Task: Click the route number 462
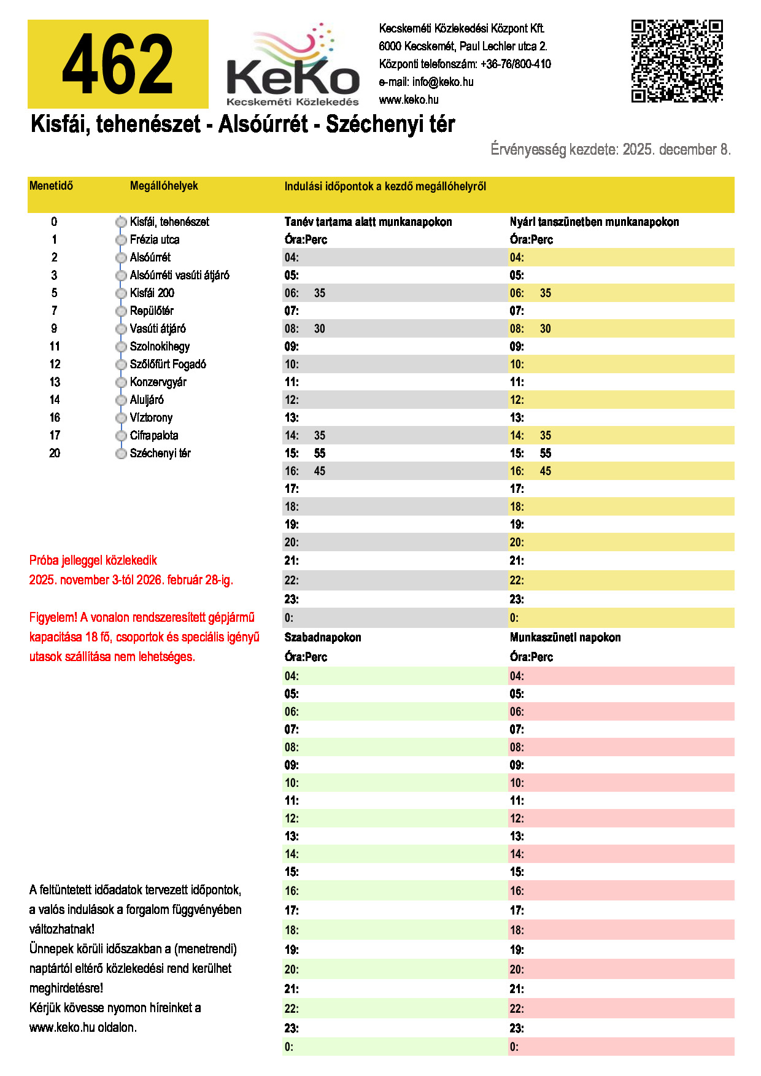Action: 118,64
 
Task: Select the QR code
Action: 677,61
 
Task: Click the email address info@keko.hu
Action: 442,82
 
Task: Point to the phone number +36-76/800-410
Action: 516,64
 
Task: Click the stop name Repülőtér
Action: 152,311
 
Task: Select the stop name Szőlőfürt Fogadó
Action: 168,364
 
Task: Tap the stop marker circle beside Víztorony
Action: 121,418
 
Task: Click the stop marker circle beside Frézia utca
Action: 121,240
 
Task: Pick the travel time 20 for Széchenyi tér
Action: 55,453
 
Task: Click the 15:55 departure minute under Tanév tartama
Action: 320,453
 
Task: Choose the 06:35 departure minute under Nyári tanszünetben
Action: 546,293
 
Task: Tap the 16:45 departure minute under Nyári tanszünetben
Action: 546,471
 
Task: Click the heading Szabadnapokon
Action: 323,637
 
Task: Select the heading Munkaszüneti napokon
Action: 565,637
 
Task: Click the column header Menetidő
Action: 51,185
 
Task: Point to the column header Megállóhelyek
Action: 164,185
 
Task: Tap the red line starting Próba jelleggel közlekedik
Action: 93,560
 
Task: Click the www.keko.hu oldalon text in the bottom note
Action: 83,1027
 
